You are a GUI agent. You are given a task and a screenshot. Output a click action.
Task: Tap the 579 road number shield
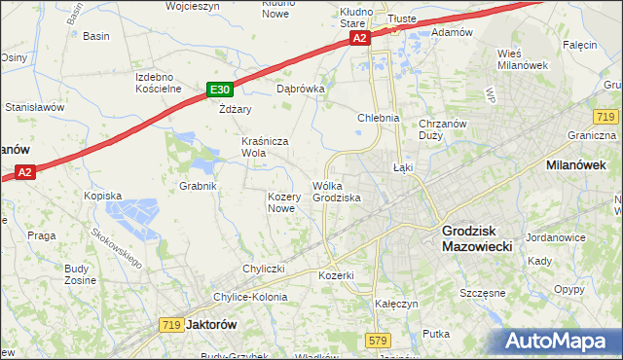click(x=379, y=340)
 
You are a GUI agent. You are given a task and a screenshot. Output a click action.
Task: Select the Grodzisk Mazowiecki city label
click(x=484, y=238)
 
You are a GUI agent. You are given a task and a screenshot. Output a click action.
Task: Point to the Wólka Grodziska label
click(x=337, y=192)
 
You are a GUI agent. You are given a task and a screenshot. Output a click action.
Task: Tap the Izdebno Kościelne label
click(x=159, y=83)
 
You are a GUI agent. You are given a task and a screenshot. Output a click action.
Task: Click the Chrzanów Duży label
click(x=444, y=129)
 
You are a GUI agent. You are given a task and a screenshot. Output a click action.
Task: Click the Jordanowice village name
click(x=554, y=237)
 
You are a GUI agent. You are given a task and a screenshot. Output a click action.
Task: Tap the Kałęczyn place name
click(x=396, y=304)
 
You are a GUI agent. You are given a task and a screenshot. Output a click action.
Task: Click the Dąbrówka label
click(x=300, y=88)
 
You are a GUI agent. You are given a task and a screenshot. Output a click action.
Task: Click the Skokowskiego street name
click(x=117, y=248)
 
